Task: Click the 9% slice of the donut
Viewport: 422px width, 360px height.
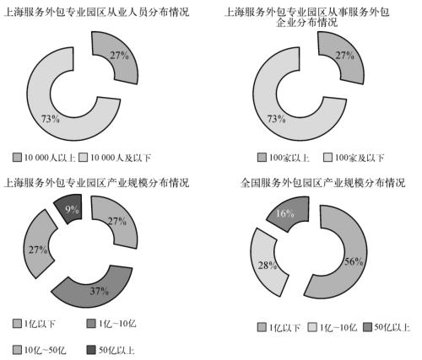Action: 69,209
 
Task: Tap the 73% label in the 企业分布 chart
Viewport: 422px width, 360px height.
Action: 277,119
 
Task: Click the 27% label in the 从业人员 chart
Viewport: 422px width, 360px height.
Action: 119,56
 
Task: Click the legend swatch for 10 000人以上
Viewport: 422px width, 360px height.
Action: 17,157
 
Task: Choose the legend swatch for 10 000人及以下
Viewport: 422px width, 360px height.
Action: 83,157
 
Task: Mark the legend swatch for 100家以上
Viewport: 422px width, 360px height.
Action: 262,157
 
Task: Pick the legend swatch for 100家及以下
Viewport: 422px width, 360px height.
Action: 327,157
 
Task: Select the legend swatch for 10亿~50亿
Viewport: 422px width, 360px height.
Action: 17,350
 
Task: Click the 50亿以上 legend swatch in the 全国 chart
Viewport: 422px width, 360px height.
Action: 367,327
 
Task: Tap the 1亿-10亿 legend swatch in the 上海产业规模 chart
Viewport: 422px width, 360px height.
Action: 91,324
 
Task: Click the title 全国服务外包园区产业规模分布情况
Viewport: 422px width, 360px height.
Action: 322,183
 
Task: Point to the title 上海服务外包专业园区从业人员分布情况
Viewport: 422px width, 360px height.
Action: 96,12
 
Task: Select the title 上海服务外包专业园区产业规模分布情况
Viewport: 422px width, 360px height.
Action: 96,183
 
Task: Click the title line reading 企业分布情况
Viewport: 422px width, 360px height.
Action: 306,23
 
